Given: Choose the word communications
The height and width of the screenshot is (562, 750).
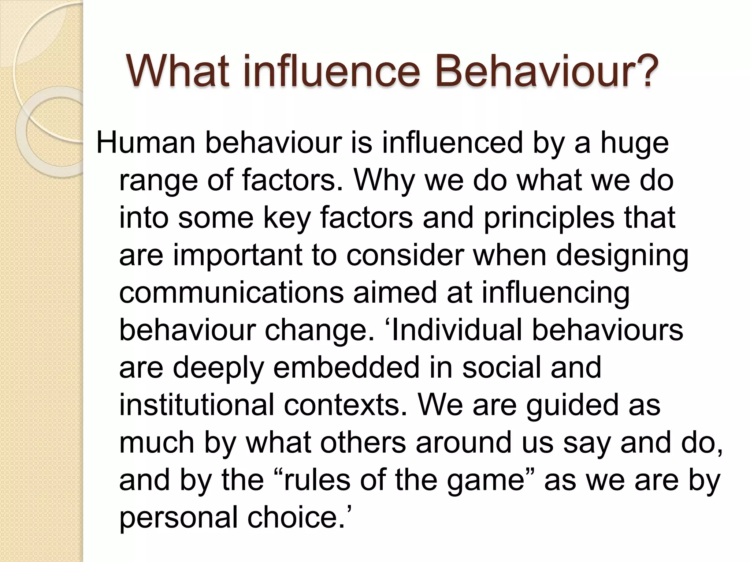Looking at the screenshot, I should tap(231, 293).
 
